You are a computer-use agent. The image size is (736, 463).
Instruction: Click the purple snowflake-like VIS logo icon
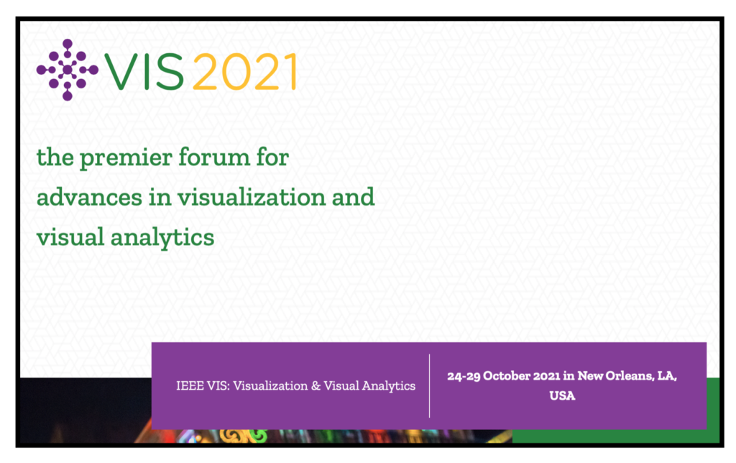pyautogui.click(x=67, y=70)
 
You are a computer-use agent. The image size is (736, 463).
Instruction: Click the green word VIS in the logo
pyautogui.click(x=144, y=71)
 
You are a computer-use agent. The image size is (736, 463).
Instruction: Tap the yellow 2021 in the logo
pyautogui.click(x=244, y=71)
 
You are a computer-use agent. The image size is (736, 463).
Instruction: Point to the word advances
pyautogui.click(x=89, y=197)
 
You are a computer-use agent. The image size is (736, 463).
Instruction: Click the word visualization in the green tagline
pyautogui.click(x=252, y=197)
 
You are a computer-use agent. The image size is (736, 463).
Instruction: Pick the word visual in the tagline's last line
pyautogui.click(x=70, y=237)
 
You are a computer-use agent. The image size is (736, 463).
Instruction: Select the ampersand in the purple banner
pyautogui.click(x=316, y=386)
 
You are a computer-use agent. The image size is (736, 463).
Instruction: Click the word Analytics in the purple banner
pyautogui.click(x=389, y=387)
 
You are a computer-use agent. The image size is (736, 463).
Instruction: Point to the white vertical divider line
pyautogui.click(x=430, y=385)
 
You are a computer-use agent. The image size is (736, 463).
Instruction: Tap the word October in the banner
pyautogui.click(x=507, y=376)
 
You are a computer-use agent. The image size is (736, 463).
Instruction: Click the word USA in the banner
pyautogui.click(x=562, y=396)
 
